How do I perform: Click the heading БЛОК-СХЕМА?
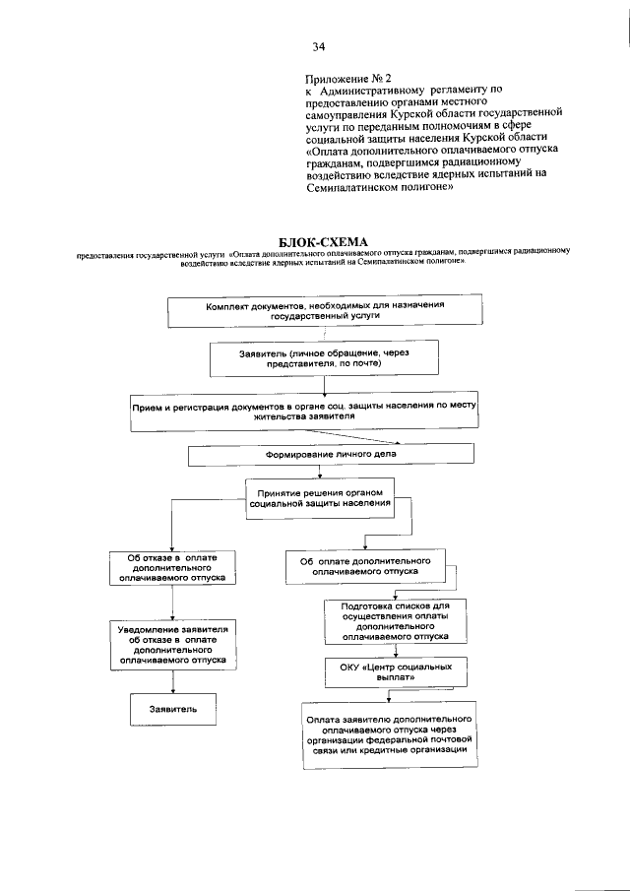315,240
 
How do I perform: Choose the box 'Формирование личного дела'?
331,455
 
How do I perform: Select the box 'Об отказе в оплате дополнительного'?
173,569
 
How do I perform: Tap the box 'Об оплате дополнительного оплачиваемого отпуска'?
365,565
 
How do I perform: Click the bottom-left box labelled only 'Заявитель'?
173,708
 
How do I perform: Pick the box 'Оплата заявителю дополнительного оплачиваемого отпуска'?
392,733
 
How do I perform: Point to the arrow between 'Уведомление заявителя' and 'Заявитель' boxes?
173,682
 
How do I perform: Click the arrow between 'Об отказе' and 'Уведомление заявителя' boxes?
173,602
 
